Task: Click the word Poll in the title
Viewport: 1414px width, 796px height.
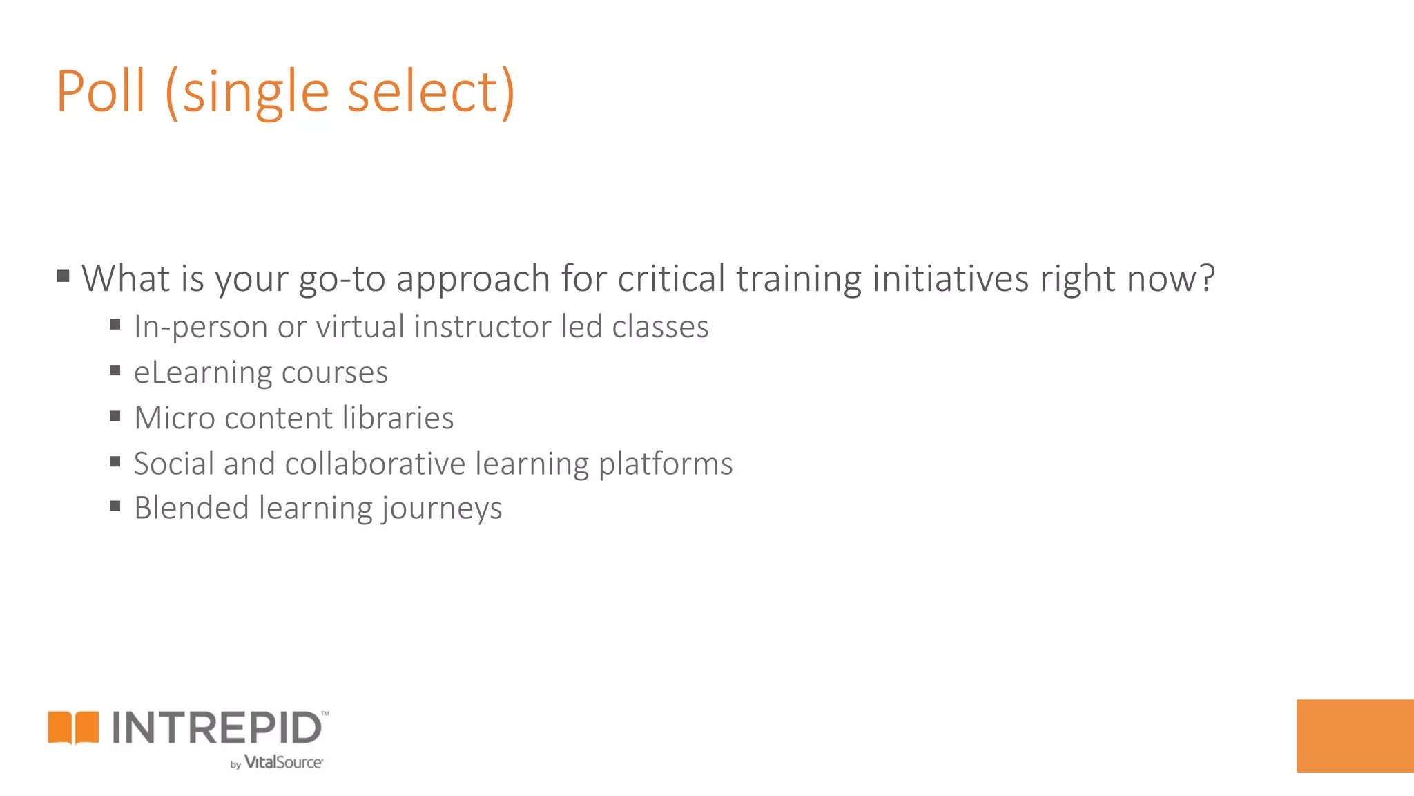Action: (101, 91)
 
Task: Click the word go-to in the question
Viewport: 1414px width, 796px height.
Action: (342, 278)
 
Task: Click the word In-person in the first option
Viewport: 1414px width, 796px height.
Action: (200, 327)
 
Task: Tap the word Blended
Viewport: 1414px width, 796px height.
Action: (191, 508)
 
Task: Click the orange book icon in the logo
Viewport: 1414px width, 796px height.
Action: (73, 728)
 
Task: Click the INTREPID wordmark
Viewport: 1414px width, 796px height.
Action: (217, 728)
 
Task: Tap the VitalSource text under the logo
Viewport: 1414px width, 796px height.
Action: (283, 762)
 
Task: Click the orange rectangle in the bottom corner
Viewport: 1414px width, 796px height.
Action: (1355, 735)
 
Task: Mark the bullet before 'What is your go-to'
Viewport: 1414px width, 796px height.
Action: (64, 277)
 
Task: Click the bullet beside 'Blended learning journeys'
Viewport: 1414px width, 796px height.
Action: (115, 506)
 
